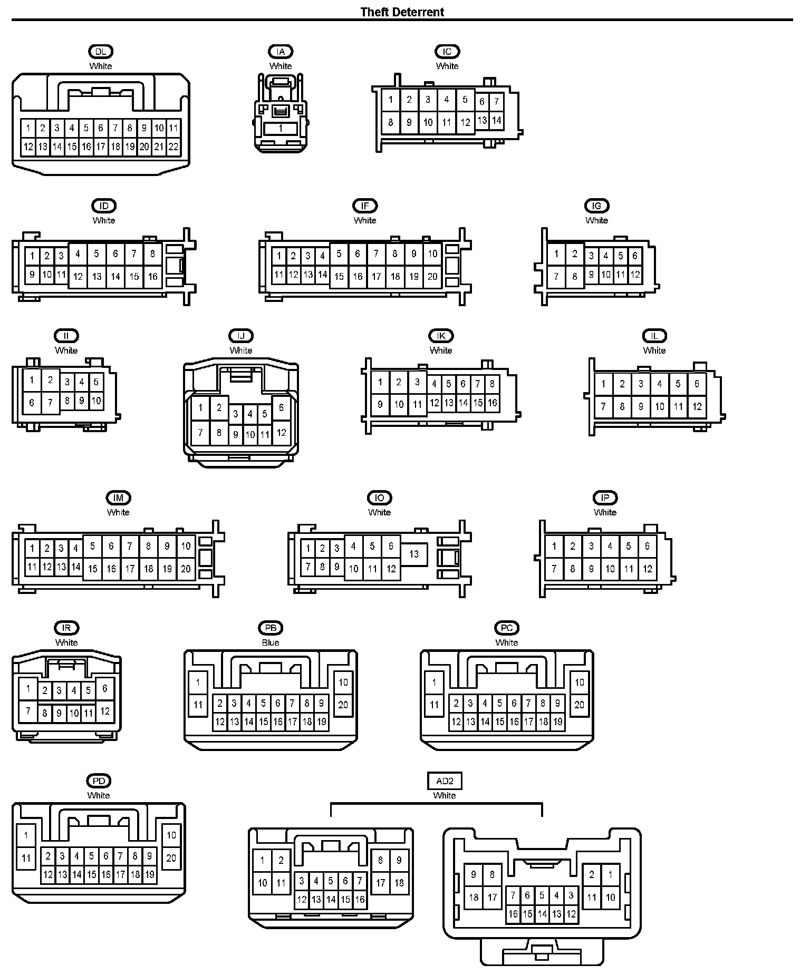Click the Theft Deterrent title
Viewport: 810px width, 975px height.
pyautogui.click(x=402, y=12)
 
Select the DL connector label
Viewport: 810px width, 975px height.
pyautogui.click(x=100, y=52)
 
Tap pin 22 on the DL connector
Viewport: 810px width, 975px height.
pyautogui.click(x=173, y=147)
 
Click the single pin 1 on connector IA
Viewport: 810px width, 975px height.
pyautogui.click(x=281, y=128)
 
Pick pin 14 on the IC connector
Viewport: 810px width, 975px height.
pyautogui.click(x=496, y=120)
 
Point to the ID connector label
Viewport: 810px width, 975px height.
pyautogui.click(x=103, y=206)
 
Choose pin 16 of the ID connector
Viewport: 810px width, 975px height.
pyautogui.click(x=152, y=276)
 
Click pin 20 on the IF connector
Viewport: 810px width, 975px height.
pyautogui.click(x=432, y=276)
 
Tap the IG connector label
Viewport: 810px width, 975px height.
pyautogui.click(x=596, y=206)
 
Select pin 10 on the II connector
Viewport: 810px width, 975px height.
pyautogui.click(x=96, y=401)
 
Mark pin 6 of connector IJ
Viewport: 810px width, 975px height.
pyautogui.click(x=281, y=407)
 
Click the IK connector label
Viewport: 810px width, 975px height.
pyautogui.click(x=441, y=336)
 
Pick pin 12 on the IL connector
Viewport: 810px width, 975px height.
pyautogui.click(x=697, y=406)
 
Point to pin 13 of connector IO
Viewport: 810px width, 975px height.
pyautogui.click(x=414, y=554)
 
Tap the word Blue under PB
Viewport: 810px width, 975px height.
pyautogui.click(x=271, y=642)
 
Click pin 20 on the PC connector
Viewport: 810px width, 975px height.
pyautogui.click(x=579, y=705)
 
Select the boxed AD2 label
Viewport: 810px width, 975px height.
pyautogui.click(x=444, y=781)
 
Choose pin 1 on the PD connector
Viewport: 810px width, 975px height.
pyautogui.click(x=26, y=835)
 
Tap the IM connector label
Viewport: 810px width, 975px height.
pyautogui.click(x=118, y=498)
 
